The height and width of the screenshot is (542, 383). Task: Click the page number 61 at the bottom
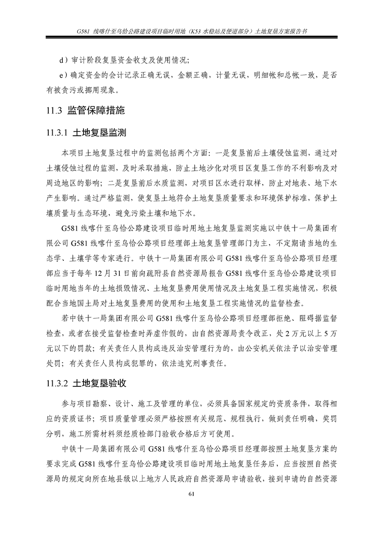tap(191, 493)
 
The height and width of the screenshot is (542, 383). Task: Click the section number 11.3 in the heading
tap(52, 111)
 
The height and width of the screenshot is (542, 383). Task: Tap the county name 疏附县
tap(193, 273)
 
